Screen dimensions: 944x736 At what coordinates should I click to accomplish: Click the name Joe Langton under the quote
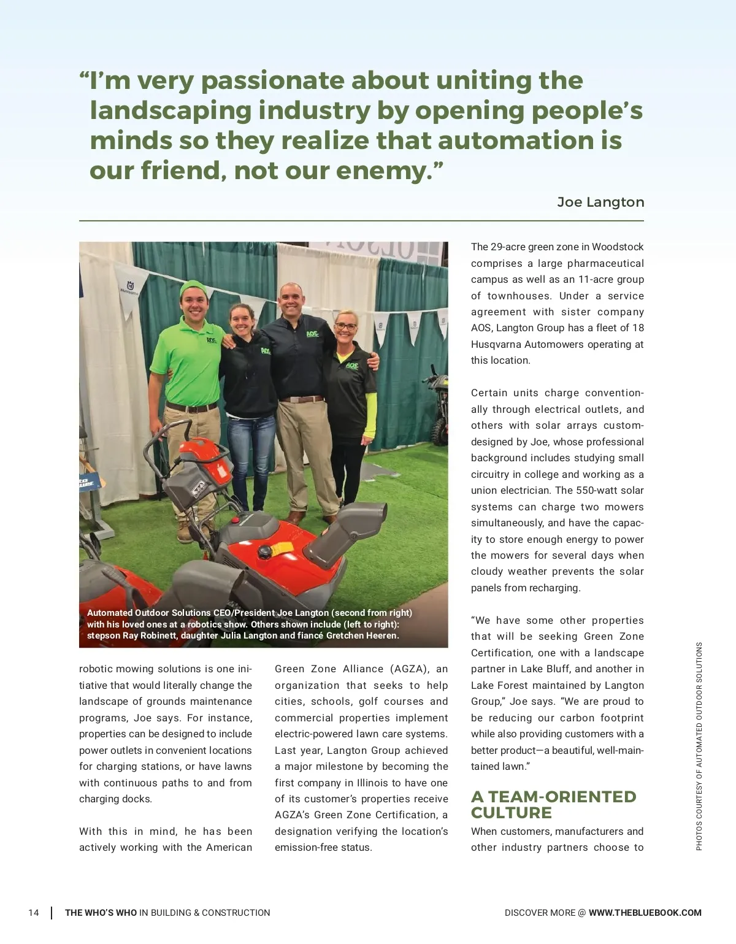point(600,202)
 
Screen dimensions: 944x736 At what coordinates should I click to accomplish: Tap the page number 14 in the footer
point(34,913)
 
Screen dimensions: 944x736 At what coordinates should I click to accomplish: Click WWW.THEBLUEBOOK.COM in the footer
point(645,913)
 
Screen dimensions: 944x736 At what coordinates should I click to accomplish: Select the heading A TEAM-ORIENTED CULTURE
point(553,804)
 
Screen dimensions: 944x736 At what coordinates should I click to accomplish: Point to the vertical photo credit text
point(699,746)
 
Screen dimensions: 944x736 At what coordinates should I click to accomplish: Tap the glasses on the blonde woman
point(346,326)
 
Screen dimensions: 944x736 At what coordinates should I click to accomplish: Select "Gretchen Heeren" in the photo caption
point(362,635)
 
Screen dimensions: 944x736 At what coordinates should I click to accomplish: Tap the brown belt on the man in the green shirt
point(191,407)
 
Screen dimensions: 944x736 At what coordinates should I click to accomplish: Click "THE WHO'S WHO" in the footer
point(101,913)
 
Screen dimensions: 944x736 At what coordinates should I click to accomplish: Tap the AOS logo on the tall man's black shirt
point(312,334)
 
